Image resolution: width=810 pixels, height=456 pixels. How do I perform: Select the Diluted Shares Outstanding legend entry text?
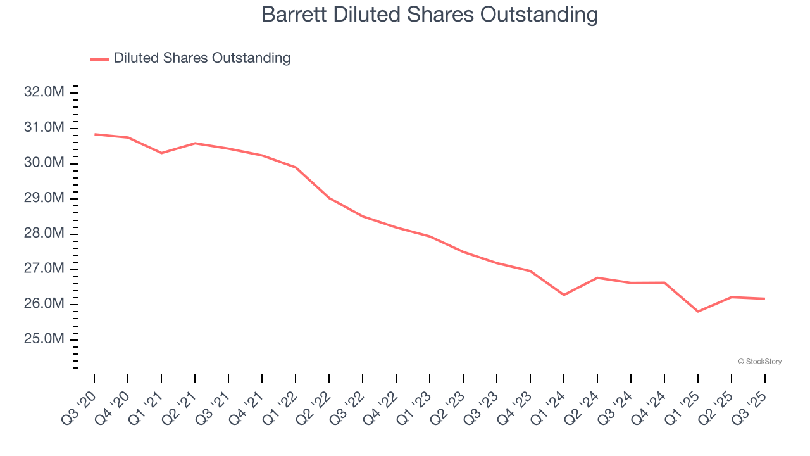click(x=202, y=58)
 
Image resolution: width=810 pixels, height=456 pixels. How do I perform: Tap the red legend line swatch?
click(x=99, y=59)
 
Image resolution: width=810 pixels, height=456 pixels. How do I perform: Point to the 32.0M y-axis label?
click(x=44, y=92)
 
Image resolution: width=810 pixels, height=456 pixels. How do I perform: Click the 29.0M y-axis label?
click(x=44, y=198)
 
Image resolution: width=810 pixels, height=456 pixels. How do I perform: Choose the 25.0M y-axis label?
click(x=44, y=339)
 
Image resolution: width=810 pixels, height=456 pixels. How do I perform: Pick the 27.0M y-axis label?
click(x=44, y=269)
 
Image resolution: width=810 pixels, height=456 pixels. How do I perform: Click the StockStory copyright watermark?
click(x=759, y=362)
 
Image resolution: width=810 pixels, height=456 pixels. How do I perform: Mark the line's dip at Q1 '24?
click(x=564, y=295)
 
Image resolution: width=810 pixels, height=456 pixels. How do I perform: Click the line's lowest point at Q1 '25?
click(x=698, y=312)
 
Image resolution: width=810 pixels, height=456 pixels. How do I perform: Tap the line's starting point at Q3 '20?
click(x=94, y=134)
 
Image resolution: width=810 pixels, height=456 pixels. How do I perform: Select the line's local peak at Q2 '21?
click(x=195, y=143)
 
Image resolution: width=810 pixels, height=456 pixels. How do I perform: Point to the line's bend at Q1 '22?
click(x=296, y=167)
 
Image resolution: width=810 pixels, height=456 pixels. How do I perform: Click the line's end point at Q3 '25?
click(x=765, y=298)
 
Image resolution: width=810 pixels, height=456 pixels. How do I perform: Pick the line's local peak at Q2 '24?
click(x=597, y=277)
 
